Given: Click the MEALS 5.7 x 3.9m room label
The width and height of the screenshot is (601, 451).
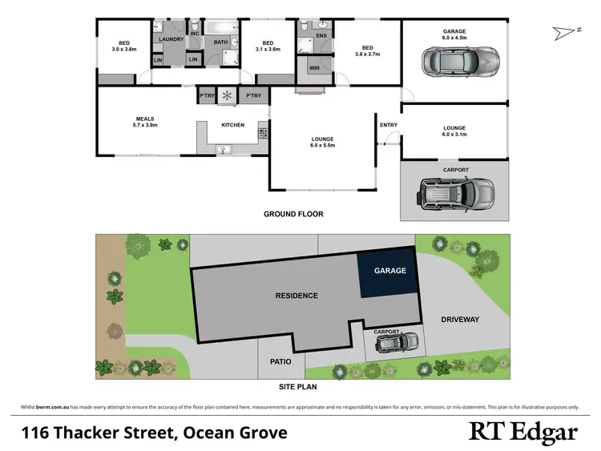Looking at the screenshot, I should coord(144,122).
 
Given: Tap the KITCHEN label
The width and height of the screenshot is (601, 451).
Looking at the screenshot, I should coord(232,124).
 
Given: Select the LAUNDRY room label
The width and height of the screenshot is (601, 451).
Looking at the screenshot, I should coord(172,39).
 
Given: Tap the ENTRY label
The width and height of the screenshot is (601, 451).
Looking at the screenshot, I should coord(388,124).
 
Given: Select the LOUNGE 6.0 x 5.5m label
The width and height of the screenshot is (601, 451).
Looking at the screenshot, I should coord(322,143).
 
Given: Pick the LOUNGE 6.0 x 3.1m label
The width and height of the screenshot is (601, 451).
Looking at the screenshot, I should coord(454,131).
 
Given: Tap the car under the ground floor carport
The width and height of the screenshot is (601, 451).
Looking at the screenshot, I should coord(454,193).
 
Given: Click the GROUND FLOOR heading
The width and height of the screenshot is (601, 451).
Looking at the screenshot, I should coord(293,214).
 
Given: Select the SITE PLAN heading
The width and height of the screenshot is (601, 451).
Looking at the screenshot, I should coord(300,385).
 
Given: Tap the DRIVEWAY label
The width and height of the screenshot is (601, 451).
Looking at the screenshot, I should coord(460,320).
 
